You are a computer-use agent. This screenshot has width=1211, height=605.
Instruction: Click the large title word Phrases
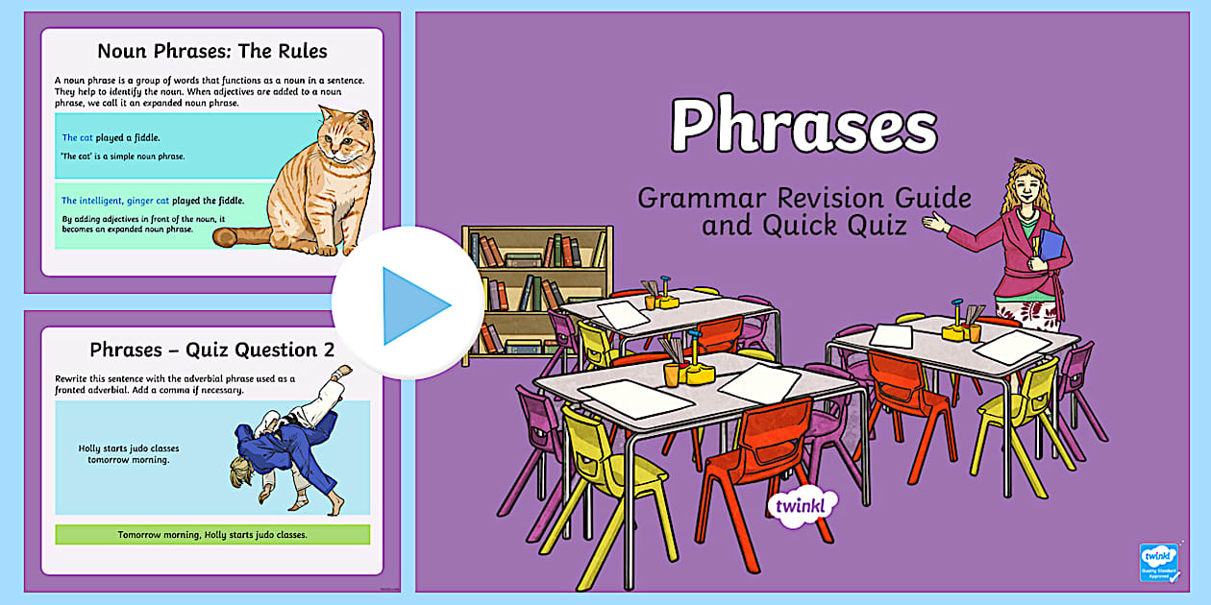tap(803, 125)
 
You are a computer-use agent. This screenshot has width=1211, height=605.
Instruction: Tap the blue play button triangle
tap(413, 305)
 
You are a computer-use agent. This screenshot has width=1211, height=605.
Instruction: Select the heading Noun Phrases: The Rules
tap(212, 51)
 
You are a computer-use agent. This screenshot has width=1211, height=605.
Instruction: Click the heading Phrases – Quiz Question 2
tap(212, 350)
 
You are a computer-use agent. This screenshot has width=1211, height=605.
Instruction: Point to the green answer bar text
tap(212, 534)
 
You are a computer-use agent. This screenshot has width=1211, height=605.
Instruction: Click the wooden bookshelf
tap(536, 288)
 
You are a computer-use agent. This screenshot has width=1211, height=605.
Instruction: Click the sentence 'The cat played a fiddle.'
tap(111, 138)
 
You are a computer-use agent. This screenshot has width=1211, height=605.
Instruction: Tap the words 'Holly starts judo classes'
tap(129, 448)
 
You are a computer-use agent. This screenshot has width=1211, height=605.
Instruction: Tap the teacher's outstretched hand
tap(933, 223)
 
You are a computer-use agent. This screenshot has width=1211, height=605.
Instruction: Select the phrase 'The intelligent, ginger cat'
tap(115, 201)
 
